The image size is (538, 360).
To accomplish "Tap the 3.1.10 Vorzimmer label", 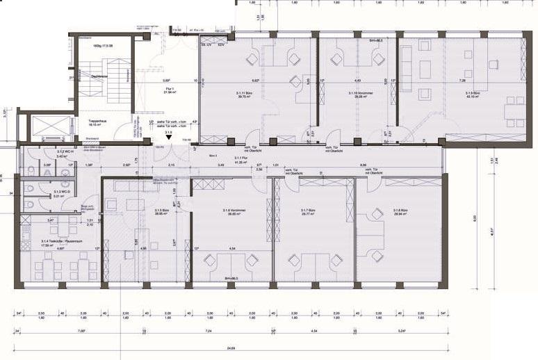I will coord(357,95).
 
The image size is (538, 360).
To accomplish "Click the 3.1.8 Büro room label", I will coord(400,213).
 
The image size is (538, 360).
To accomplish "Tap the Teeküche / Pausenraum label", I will coord(54,243).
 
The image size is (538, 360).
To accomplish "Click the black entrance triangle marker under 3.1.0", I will coord(169,139).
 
